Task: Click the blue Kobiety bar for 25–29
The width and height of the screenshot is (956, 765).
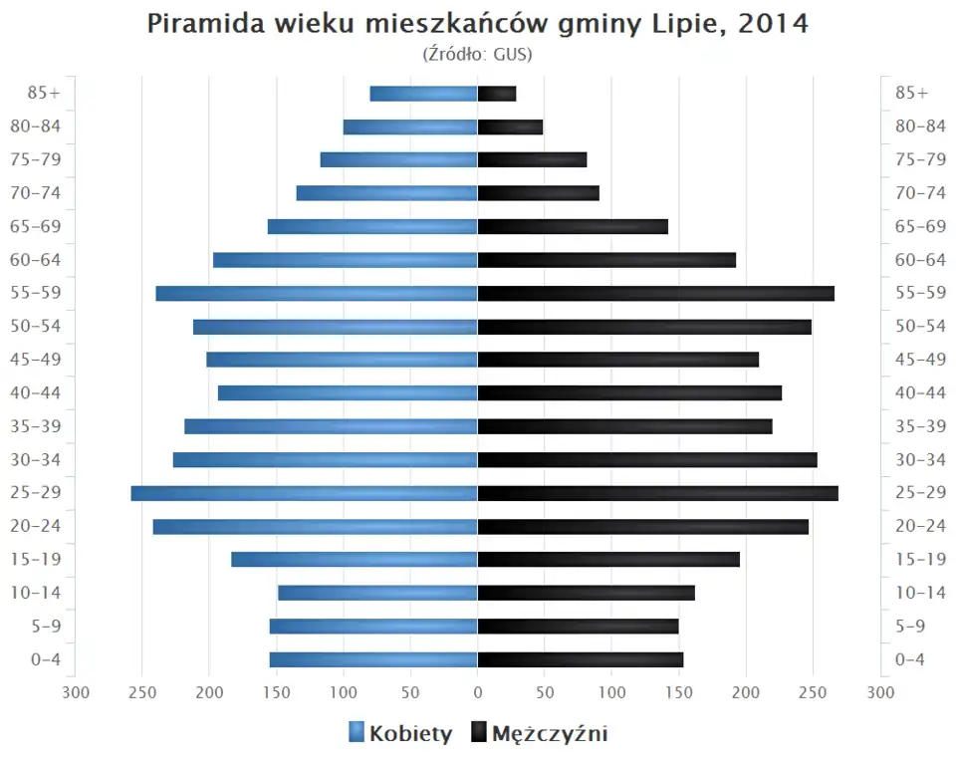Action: tap(304, 493)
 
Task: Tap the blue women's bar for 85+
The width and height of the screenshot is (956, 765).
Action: tap(423, 94)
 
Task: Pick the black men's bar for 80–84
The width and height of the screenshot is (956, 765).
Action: tap(510, 127)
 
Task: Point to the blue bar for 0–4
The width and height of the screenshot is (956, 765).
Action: tap(373, 659)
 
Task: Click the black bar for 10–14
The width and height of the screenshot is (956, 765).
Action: tap(586, 593)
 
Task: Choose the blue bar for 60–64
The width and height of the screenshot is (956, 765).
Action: tap(346, 260)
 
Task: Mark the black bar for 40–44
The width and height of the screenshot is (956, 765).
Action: tap(629, 392)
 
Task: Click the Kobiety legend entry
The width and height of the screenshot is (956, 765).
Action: tap(400, 734)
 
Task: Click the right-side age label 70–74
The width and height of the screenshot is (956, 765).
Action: tap(920, 193)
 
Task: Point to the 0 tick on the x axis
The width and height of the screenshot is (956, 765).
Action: tap(478, 692)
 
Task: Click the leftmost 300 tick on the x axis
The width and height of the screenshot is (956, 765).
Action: tap(76, 692)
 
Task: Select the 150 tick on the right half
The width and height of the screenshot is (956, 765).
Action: tap(679, 692)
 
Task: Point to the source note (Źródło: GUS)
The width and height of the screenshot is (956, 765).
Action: tap(478, 54)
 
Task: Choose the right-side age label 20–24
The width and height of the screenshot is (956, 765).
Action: tap(920, 526)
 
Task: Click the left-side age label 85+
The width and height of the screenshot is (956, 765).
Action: tap(45, 93)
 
